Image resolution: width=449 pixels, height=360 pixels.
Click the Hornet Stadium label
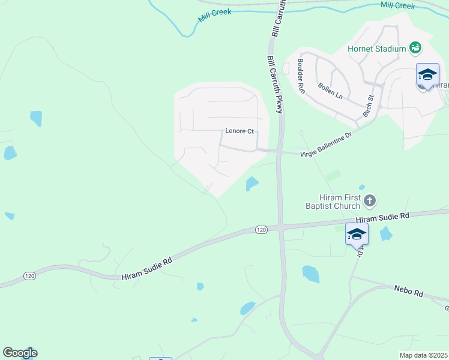[x=377, y=48]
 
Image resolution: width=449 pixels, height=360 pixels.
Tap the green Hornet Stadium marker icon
[x=414, y=47]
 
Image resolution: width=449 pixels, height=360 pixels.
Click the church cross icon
[x=370, y=200]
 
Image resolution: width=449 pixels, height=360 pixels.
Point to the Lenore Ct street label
[x=240, y=131]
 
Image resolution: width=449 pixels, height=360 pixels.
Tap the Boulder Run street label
[x=301, y=76]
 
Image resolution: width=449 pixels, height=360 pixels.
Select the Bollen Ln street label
[x=330, y=91]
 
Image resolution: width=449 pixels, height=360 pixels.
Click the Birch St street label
[x=369, y=106]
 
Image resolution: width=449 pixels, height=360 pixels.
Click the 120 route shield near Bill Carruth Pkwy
[x=261, y=230]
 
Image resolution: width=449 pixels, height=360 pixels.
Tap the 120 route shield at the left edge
[x=30, y=275]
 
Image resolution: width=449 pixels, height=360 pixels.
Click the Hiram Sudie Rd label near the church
[x=382, y=218]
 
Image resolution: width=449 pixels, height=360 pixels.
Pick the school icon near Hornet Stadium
[x=427, y=75]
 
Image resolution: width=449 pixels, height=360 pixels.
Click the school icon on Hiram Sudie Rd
[x=357, y=234]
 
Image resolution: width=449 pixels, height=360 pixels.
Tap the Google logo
[x=20, y=353]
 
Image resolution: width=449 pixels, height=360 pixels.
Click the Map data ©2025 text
[x=424, y=355]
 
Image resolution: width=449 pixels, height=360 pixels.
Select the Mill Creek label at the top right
[x=397, y=5]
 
